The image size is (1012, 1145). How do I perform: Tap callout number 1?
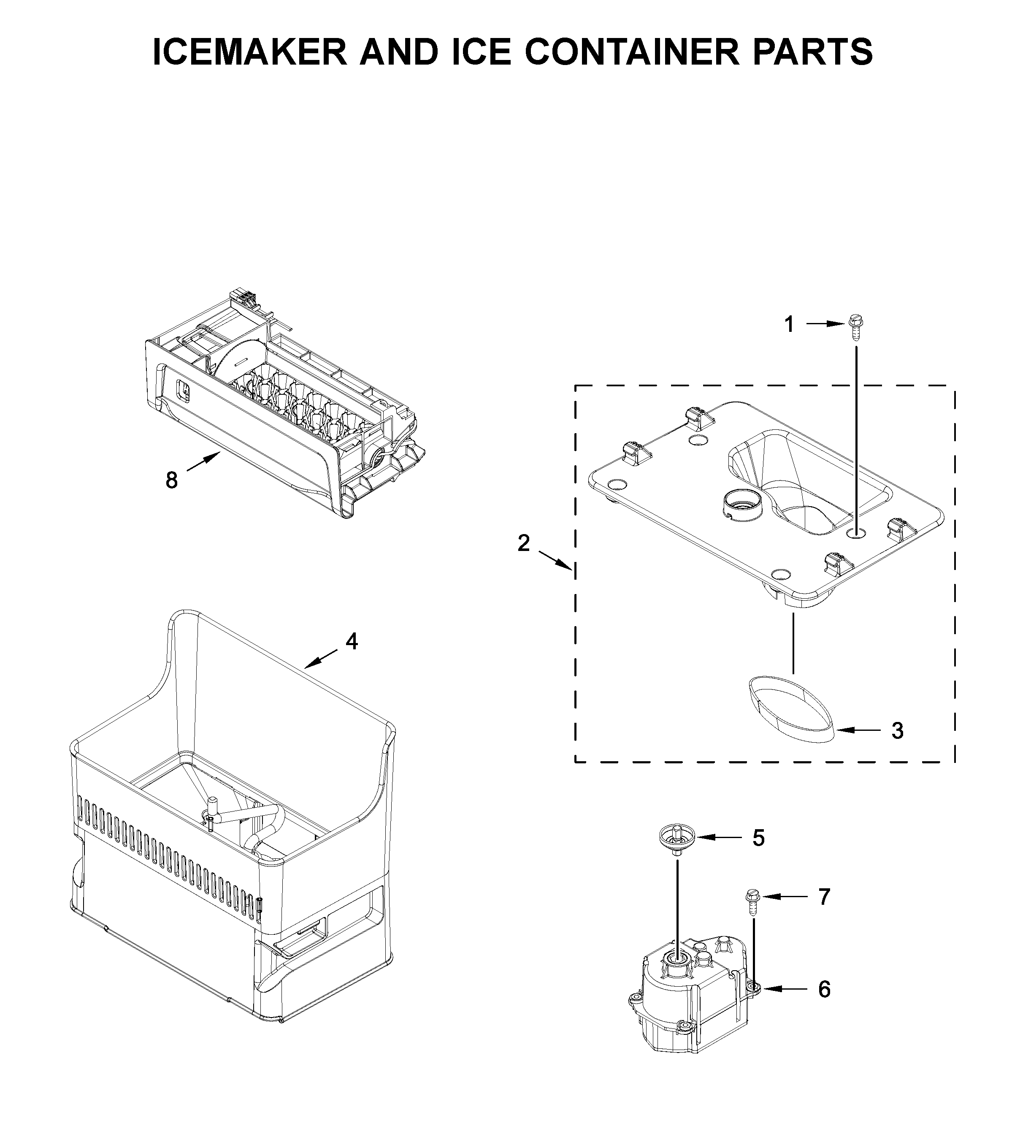coord(789,324)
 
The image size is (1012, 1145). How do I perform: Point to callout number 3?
coord(897,730)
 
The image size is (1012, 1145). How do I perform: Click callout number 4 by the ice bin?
coord(351,641)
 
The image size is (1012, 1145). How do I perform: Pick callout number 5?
coord(758,854)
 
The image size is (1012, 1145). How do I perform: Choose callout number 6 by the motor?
coord(824,990)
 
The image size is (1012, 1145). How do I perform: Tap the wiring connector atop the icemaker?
coord(241,297)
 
